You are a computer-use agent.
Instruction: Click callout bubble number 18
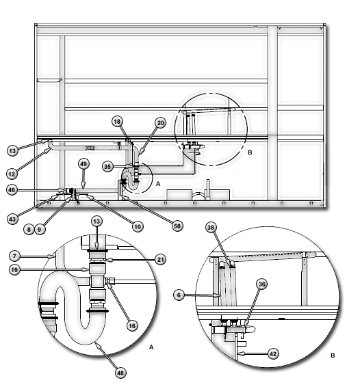pos(117,122)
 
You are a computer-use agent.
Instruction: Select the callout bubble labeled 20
pos(161,123)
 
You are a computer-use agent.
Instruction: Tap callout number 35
pos(107,166)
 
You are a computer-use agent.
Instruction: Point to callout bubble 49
pos(83,164)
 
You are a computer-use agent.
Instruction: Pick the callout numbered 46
pos(12,190)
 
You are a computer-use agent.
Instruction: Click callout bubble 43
pos(12,219)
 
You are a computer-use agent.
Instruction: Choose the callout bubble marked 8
pos(29,229)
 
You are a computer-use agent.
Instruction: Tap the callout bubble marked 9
pos(40,229)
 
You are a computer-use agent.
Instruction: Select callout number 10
pos(138,226)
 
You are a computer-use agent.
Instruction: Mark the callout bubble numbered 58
pos(177,226)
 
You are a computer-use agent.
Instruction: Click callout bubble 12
pos(12,174)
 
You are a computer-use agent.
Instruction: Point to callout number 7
pos(14,256)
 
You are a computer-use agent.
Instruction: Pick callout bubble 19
pos(14,269)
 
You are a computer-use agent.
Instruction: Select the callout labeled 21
pos(161,260)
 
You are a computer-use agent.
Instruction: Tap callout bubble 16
pos(132,325)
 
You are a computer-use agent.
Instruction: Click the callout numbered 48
pos(120,373)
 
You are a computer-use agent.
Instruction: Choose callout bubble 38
pos(211,227)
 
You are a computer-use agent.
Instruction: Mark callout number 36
pos(262,284)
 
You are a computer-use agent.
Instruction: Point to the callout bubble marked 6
pos(179,295)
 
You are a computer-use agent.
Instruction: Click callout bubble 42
pos(273,353)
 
